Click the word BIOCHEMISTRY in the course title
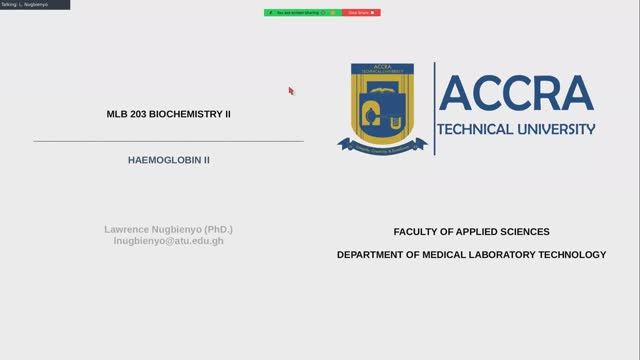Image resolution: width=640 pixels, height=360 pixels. (x=187, y=114)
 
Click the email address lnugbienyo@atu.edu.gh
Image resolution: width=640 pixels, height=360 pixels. (x=168, y=242)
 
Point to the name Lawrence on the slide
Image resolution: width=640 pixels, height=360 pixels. (x=126, y=229)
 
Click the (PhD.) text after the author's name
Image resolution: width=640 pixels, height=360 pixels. (x=214, y=229)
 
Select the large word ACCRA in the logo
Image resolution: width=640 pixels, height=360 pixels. (x=515, y=93)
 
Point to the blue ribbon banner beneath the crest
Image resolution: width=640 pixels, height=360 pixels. (x=381, y=145)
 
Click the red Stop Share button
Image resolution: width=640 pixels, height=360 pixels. (x=361, y=12)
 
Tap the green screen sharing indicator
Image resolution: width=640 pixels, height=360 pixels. (x=303, y=12)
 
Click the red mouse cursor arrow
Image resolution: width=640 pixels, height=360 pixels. (x=291, y=90)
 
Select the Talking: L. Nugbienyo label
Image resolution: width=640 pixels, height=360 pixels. (x=25, y=4)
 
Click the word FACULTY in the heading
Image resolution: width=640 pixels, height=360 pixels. (x=419, y=231)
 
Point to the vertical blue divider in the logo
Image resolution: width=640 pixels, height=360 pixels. (x=434, y=108)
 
